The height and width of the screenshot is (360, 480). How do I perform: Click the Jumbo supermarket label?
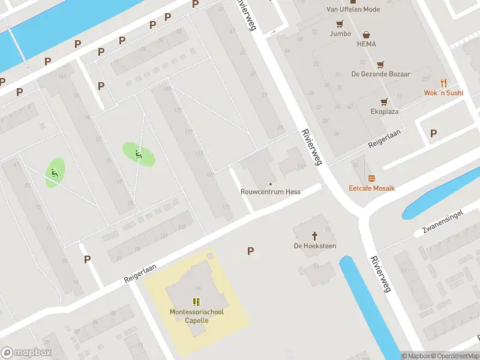[340, 34]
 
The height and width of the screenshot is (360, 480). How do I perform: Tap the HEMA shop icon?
[366, 35]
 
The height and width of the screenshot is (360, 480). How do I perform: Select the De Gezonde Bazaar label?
[380, 74]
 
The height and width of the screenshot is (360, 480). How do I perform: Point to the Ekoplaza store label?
[385, 111]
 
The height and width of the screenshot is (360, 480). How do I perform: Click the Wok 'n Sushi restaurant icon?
[443, 83]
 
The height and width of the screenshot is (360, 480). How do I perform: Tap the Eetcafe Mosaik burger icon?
[371, 178]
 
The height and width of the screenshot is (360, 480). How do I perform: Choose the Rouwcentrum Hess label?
[270, 192]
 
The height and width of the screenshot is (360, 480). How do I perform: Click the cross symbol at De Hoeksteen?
[314, 235]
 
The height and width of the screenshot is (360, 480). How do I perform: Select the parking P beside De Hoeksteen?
[250, 251]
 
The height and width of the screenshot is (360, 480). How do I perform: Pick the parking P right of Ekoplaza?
[434, 133]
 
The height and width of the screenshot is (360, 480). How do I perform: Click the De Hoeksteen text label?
[314, 246]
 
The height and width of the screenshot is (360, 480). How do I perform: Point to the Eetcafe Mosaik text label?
[372, 188]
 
